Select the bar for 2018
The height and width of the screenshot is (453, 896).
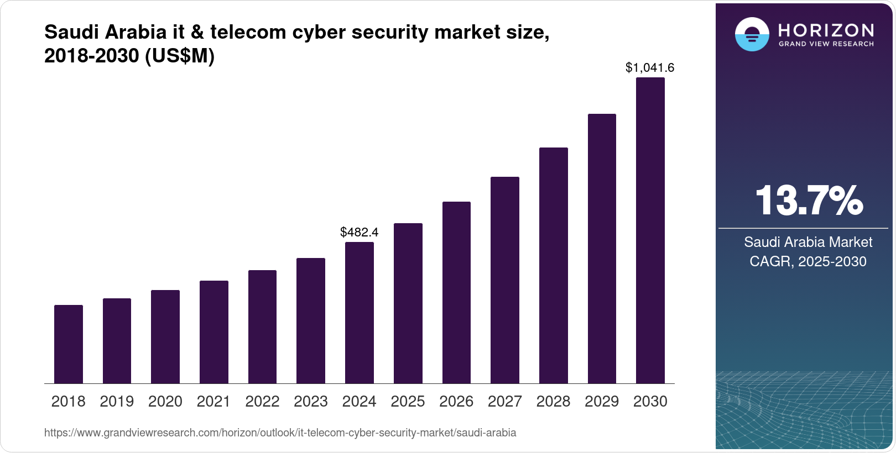click(x=69, y=344)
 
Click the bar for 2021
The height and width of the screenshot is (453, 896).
click(x=214, y=332)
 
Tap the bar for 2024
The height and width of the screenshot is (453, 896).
click(x=360, y=313)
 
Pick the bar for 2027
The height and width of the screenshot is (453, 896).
click(x=505, y=280)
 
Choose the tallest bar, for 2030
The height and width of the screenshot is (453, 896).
click(x=650, y=230)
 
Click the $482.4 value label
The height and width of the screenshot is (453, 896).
click(x=360, y=232)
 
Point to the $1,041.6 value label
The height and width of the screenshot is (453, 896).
click(x=650, y=67)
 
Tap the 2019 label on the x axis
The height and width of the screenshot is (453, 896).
click(x=117, y=402)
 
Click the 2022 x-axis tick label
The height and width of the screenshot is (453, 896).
click(x=262, y=402)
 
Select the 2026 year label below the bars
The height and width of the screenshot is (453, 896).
click(x=456, y=402)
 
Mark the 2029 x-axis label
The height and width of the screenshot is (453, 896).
click(x=602, y=402)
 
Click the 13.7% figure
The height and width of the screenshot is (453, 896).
click(x=809, y=201)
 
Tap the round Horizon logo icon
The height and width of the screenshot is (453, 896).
click(x=752, y=34)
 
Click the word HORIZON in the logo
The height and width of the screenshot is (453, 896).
click(x=826, y=30)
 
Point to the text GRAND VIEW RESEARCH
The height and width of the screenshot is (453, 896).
click(x=826, y=44)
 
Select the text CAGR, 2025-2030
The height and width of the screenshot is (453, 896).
click(x=808, y=261)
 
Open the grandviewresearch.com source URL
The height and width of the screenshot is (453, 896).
click(x=280, y=433)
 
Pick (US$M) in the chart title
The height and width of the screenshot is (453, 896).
click(x=179, y=56)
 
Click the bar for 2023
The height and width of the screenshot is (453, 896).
click(x=311, y=321)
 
